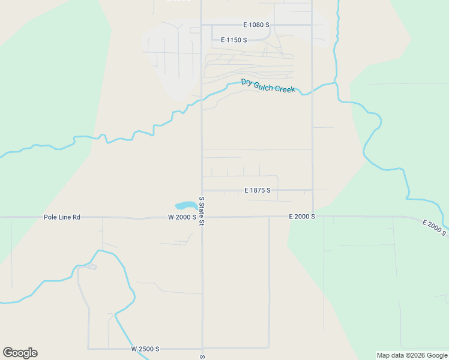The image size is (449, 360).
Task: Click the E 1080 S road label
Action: coord(256,25)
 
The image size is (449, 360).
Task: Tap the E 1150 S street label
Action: coord(234,40)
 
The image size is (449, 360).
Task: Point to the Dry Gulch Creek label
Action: coord(268,86)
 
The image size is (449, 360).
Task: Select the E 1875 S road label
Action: coord(258,190)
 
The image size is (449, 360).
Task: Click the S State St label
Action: coord(202,211)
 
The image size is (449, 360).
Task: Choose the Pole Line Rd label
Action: coord(62,217)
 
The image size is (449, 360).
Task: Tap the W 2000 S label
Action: coord(182,217)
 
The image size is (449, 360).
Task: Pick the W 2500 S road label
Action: coord(145,349)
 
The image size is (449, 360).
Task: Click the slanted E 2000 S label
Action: coord(434,227)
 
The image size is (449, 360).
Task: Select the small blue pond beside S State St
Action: coord(185,205)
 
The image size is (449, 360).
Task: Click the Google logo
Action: coord(20,353)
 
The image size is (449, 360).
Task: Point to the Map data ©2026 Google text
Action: coord(411,355)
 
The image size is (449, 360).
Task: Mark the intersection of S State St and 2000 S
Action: coord(202,217)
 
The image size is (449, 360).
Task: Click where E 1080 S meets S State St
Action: coord(201,25)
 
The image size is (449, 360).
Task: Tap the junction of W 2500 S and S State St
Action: coord(202,349)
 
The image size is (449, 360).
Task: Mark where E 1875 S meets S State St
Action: coord(202,190)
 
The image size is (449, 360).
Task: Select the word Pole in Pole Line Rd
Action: coord(50,217)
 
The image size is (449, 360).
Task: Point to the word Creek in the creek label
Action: coord(285,89)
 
